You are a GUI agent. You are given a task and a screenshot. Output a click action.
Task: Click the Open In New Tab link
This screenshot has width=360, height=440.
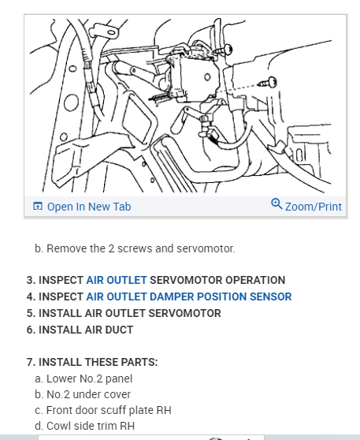coord(89,207)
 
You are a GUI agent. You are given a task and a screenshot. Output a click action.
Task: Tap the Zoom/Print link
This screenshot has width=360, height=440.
coord(314,207)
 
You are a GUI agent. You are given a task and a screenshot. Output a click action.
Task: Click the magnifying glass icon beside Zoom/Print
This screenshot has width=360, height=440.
coord(276,203)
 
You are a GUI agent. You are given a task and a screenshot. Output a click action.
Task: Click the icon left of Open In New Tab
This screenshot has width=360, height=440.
coord(38,206)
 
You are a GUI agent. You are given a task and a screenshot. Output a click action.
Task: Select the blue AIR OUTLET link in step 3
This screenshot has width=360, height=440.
coord(117,280)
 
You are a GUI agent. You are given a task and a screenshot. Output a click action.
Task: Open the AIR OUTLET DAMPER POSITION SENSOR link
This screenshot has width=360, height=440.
coord(189,296)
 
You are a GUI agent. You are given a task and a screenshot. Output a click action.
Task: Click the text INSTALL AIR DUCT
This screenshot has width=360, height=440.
coord(86,330)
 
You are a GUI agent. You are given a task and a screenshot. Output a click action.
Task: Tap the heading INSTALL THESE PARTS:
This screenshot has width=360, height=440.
coord(98,362)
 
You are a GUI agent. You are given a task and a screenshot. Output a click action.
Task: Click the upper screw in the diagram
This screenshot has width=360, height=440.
coord(225,50)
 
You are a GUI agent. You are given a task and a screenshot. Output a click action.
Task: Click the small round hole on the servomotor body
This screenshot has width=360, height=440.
coord(207,76)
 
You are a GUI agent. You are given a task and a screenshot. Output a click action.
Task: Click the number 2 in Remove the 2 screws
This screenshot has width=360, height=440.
coord(111,248)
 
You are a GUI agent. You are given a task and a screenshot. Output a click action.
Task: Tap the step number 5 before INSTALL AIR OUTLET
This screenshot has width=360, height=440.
coord(31,313)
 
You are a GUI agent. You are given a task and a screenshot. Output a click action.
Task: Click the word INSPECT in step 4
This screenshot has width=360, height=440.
coord(61,296)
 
